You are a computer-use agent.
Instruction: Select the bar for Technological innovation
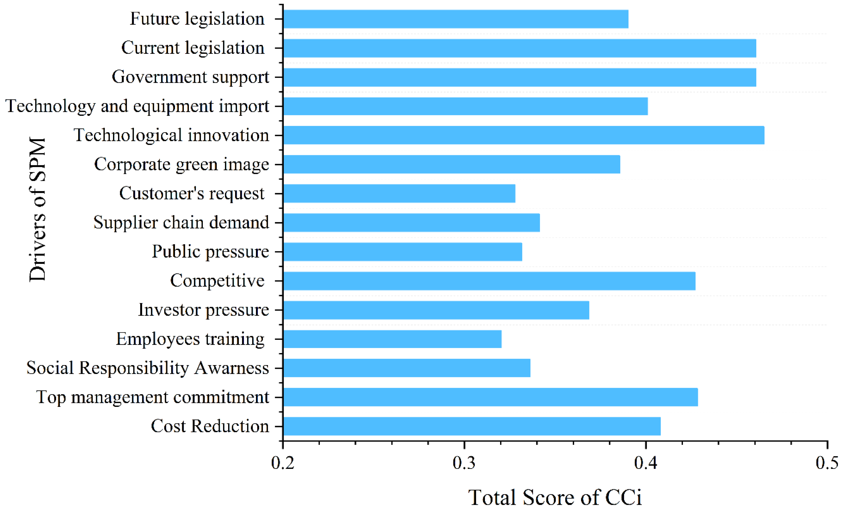click(523, 135)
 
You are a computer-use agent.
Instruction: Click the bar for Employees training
click(392, 339)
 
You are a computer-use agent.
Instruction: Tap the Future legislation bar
click(455, 19)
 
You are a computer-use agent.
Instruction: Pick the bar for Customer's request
click(399, 194)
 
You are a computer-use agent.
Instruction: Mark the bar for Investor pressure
click(436, 310)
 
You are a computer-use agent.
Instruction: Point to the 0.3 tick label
click(464, 463)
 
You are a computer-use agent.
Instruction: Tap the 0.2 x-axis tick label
click(283, 463)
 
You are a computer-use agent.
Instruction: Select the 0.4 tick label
click(645, 463)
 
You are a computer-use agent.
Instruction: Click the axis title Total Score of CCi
click(555, 497)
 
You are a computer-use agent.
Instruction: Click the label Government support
click(190, 77)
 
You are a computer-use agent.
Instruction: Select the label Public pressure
click(210, 252)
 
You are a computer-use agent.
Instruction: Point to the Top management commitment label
click(152, 397)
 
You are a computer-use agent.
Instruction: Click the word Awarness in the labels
click(232, 368)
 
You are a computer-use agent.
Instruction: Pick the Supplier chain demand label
click(181, 223)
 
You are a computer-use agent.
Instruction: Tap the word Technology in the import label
click(50, 106)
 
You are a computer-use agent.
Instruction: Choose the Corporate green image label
click(181, 165)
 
